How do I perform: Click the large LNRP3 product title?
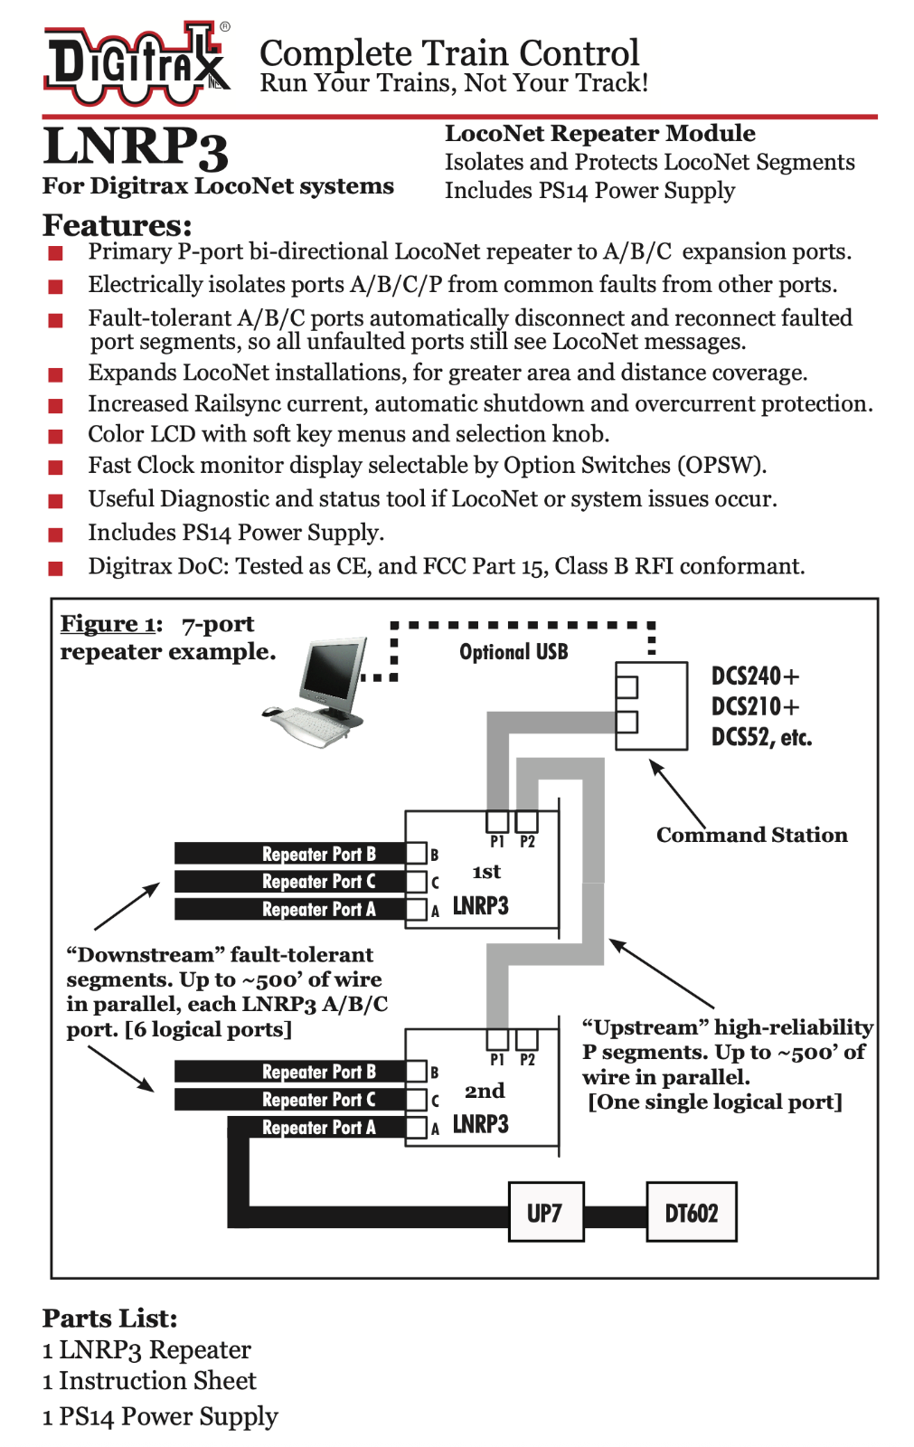(x=136, y=147)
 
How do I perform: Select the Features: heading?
(x=118, y=225)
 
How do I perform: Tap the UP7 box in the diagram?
(x=545, y=1212)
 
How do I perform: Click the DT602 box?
(x=691, y=1212)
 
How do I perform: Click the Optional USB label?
(x=514, y=652)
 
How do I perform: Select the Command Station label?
(x=751, y=835)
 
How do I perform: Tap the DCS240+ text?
(x=755, y=676)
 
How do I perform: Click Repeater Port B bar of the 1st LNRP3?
(x=289, y=854)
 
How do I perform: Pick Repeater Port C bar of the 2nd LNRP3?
(x=289, y=1100)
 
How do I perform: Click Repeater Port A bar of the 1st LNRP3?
(x=289, y=909)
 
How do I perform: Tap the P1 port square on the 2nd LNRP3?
(x=497, y=1039)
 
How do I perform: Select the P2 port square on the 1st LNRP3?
(x=526, y=821)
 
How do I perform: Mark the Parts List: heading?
(x=109, y=1318)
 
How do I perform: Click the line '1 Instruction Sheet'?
(x=149, y=1381)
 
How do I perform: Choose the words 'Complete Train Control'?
(x=449, y=52)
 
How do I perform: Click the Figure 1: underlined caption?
(x=111, y=624)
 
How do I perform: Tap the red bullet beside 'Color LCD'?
(x=56, y=436)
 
